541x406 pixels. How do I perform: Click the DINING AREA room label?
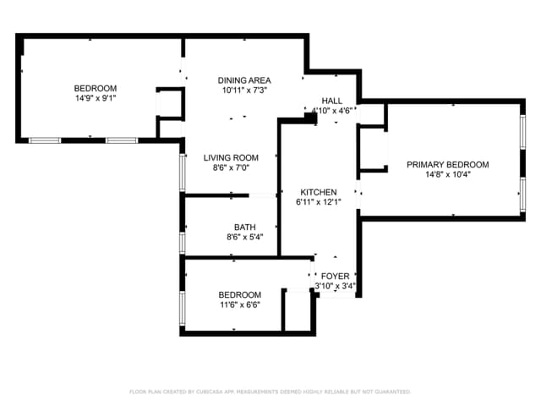(244, 80)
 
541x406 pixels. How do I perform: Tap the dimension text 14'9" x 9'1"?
(96, 97)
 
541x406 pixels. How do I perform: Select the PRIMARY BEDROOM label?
(447, 164)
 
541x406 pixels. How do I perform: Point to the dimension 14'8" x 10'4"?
(447, 175)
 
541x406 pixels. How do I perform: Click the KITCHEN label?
(318, 192)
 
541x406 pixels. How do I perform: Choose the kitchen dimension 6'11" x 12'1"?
(318, 202)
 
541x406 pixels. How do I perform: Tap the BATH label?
(245, 227)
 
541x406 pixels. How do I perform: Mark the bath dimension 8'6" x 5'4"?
(245, 237)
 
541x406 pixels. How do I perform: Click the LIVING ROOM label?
(231, 157)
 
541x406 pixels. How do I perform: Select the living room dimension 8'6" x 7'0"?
(231, 167)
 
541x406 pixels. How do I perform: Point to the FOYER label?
(336, 277)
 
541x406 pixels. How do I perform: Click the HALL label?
(331, 101)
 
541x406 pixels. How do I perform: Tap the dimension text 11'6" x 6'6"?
(240, 304)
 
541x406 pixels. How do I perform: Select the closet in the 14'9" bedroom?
(170, 103)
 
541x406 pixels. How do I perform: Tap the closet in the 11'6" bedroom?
(296, 311)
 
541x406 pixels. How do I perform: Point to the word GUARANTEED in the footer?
(391, 392)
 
